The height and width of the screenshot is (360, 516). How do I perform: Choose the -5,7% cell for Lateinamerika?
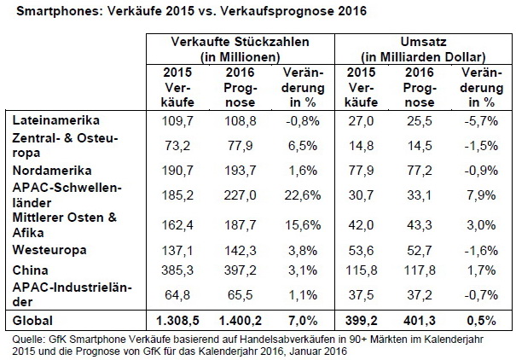tap(481, 123)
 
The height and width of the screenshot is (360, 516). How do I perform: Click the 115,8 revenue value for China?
tap(362, 270)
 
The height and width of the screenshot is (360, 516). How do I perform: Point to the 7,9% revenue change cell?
tap(481, 193)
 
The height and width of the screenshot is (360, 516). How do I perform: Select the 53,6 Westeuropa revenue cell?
tap(362, 251)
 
